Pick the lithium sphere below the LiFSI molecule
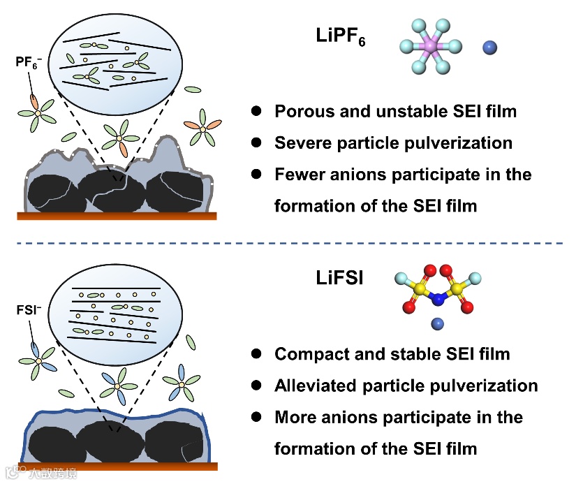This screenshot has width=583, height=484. point(438,323)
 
